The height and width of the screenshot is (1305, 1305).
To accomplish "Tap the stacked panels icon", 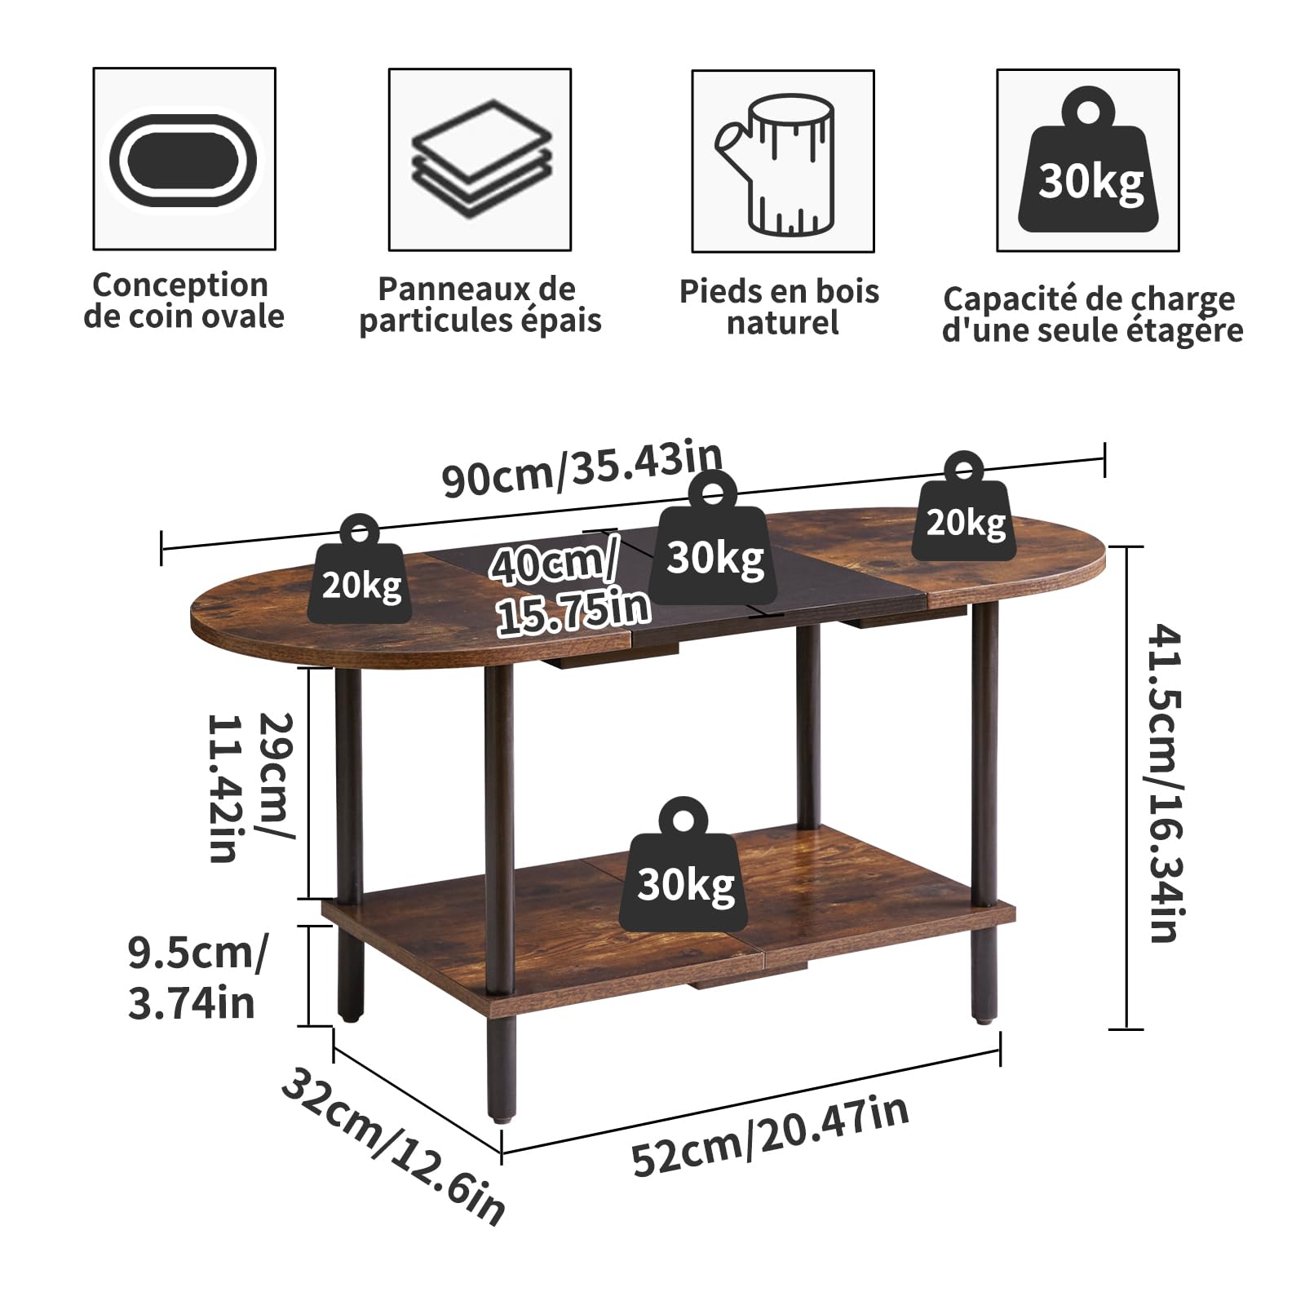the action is tap(481, 158).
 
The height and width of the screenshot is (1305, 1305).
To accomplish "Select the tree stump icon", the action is tap(776, 164).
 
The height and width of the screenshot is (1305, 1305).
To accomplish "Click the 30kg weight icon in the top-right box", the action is tap(1090, 160).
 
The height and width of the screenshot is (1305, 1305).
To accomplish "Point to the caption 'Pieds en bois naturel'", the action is tap(780, 307).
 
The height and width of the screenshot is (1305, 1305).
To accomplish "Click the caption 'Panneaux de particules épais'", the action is tap(480, 304).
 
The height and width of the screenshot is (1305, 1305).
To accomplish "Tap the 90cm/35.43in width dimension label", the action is tap(582, 468).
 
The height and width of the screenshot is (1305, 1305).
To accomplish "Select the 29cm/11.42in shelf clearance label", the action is tap(250, 787).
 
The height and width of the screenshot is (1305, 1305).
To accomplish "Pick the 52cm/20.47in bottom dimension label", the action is tap(770, 1135).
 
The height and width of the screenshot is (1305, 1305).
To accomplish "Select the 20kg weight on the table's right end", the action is tap(963, 506).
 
